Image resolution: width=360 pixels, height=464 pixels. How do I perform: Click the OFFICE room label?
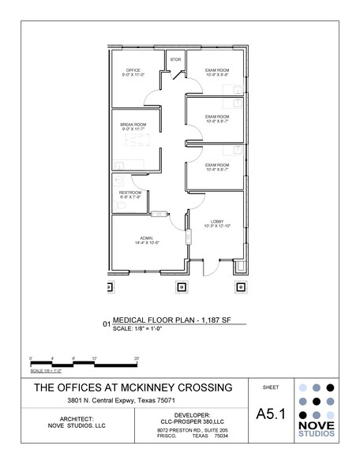130,72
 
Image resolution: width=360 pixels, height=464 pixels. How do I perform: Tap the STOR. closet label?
175,58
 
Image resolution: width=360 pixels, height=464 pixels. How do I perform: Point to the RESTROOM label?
129,194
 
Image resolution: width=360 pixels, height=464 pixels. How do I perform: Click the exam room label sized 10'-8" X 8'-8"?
217,72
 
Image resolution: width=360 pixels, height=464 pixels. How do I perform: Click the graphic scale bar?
82,364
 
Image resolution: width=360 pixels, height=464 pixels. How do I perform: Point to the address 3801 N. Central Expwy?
130,401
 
